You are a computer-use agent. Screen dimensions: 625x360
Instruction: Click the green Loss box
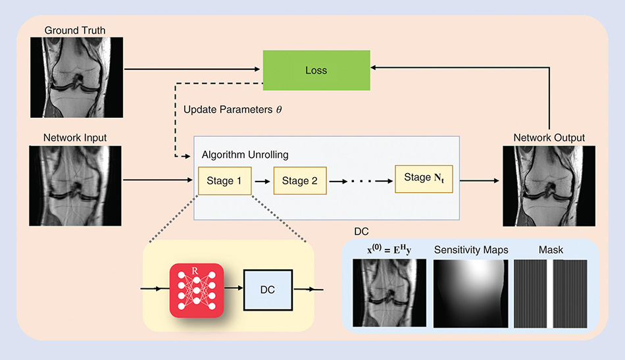(316, 70)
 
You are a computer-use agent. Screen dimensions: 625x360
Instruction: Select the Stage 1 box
(225, 180)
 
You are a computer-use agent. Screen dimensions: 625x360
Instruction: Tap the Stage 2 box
(300, 180)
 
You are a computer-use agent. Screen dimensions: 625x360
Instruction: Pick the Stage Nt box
(424, 179)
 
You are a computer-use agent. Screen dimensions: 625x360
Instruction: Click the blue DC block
(268, 290)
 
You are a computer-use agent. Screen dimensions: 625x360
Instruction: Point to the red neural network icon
(197, 290)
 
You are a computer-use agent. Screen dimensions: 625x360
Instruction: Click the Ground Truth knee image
(76, 78)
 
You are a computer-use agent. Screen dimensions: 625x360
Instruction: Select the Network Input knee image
(76, 186)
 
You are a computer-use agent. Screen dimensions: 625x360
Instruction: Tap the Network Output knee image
(549, 186)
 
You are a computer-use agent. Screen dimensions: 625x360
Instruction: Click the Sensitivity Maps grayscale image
(471, 294)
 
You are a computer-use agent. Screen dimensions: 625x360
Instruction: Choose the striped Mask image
(551, 294)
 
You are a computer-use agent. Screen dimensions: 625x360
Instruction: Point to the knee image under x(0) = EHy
(389, 293)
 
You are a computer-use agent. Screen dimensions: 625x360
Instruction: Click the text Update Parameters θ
(232, 110)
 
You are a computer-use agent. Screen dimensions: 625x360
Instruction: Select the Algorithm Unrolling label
(245, 155)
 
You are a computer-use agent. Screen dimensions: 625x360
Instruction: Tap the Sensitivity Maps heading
(471, 250)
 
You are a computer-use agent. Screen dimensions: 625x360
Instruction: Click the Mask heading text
(551, 250)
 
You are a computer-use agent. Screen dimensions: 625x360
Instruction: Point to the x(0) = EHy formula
(389, 249)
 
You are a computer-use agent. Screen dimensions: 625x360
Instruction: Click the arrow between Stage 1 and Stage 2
(262, 182)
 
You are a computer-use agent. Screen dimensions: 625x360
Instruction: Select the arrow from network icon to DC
(234, 288)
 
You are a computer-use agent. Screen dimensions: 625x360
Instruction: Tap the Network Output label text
(549, 138)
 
